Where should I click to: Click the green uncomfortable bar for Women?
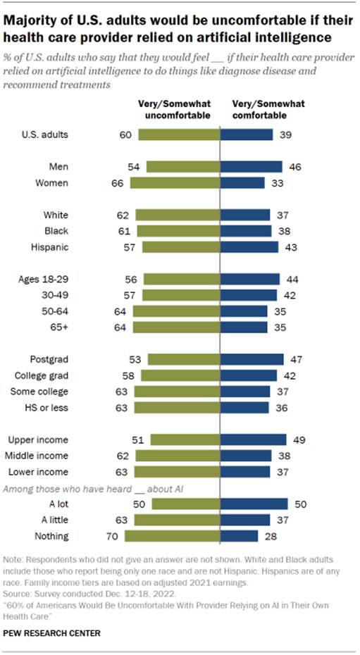pos(175,182)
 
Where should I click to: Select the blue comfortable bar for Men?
pos(252,166)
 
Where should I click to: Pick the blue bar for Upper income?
pos(254,440)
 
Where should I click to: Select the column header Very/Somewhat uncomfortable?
pos(174,108)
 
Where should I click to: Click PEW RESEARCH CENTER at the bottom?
pos(52,633)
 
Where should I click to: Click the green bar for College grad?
pos(179,375)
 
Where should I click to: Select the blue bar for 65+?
pos(244,327)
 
